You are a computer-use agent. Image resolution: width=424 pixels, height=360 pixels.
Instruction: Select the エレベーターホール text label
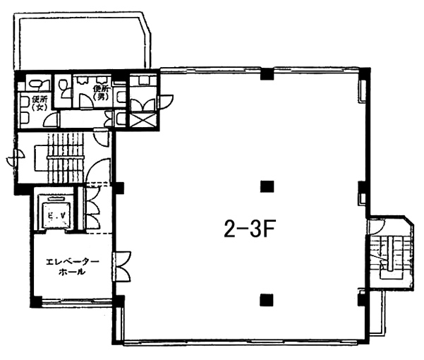tap(72, 267)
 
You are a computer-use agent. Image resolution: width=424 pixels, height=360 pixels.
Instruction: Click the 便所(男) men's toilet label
tap(101, 92)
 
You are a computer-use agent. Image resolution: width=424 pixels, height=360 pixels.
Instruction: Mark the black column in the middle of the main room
tap(267, 186)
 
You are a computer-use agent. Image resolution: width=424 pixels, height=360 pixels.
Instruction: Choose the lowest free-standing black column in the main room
tap(267, 300)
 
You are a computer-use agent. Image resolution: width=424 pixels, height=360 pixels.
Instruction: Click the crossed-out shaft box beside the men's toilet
tap(143, 121)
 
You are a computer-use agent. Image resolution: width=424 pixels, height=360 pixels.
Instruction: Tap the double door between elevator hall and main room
tap(121, 267)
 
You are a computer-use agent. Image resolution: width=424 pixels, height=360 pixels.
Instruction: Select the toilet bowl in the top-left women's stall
tap(38, 83)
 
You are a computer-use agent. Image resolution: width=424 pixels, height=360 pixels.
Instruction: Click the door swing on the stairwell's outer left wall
tap(15, 158)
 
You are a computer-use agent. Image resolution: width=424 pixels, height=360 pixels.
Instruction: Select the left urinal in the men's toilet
tap(82, 80)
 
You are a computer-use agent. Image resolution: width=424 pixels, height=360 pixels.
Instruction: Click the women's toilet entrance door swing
tap(52, 119)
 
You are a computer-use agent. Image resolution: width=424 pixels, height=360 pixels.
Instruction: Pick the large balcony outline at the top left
tap(82, 40)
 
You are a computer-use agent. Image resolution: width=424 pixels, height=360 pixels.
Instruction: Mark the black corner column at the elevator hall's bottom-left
tap(36, 302)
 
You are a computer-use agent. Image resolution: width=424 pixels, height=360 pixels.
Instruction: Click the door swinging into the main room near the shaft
tap(164, 102)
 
